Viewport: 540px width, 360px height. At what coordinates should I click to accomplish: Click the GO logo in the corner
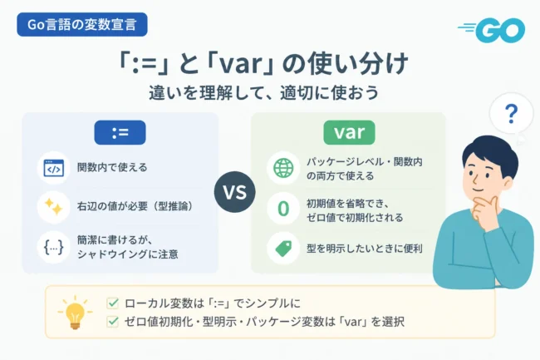pyautogui.click(x=491, y=31)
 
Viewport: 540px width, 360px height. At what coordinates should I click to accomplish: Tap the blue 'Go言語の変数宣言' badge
pyautogui.click(x=82, y=24)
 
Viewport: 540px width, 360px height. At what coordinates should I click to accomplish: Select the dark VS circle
pyautogui.click(x=235, y=192)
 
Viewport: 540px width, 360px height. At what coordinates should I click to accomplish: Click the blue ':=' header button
pyautogui.click(x=120, y=133)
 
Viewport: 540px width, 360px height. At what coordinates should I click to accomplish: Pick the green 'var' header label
pyautogui.click(x=349, y=133)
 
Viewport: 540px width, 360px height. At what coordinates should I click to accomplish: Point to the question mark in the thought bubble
pyautogui.click(x=511, y=115)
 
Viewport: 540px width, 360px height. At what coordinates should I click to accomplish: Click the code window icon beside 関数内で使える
pyautogui.click(x=54, y=168)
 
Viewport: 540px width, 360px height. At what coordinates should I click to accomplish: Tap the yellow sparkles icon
pyautogui.click(x=53, y=207)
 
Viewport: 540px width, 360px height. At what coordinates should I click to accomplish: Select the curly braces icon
pyautogui.click(x=54, y=247)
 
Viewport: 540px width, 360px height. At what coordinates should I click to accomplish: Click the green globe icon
pyautogui.click(x=283, y=168)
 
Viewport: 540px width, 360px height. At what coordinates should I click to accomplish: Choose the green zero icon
pyautogui.click(x=283, y=209)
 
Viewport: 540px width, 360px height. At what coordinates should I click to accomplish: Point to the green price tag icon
pyautogui.click(x=284, y=249)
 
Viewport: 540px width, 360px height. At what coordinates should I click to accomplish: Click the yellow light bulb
pyautogui.click(x=75, y=312)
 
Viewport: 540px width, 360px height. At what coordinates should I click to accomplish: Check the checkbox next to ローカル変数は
pyautogui.click(x=113, y=303)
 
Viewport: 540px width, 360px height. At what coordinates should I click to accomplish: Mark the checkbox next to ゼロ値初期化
pyautogui.click(x=113, y=322)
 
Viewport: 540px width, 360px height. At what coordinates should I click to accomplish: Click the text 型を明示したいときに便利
pyautogui.click(x=365, y=249)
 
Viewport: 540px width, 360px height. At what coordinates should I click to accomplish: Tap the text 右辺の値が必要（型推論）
pyautogui.click(x=135, y=206)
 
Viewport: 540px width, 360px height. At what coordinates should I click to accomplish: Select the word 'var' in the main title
pyautogui.click(x=241, y=64)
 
